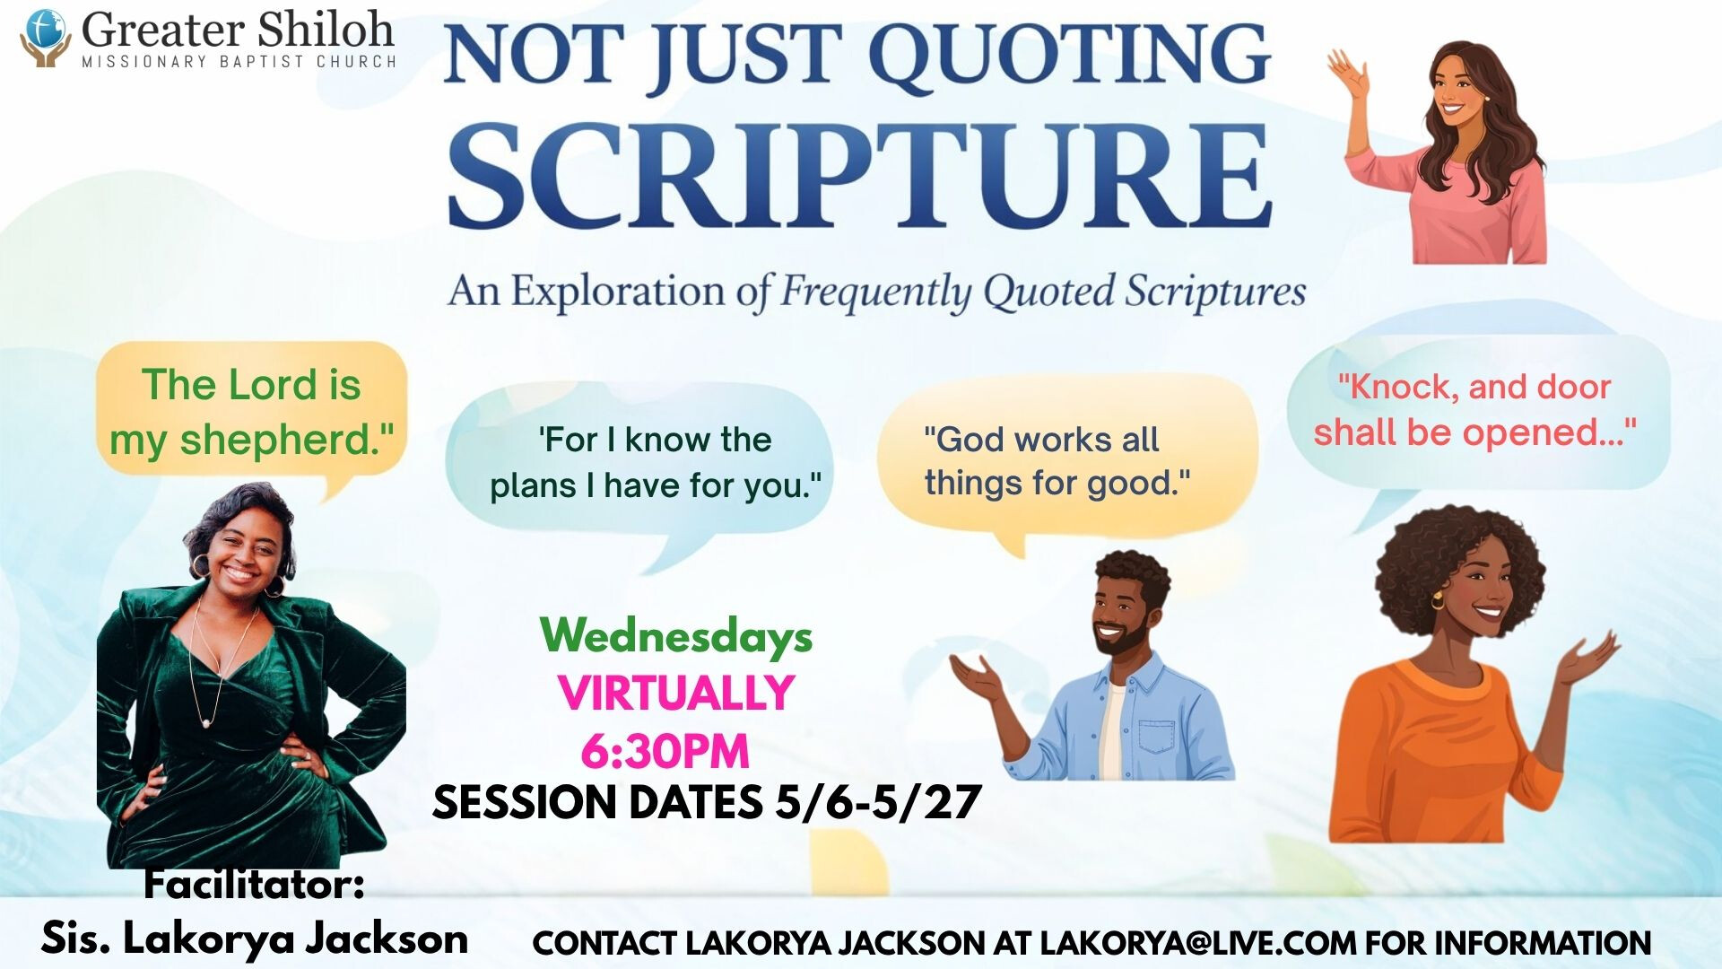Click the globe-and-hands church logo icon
[46, 38]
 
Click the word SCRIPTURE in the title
[859, 176]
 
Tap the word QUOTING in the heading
[1069, 55]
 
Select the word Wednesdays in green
[676, 636]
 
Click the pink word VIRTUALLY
[676, 693]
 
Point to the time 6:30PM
[665, 751]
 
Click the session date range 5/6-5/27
[878, 802]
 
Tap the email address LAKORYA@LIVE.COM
[1197, 943]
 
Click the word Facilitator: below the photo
[255, 885]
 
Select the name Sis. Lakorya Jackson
[255, 938]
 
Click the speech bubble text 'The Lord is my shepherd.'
[251, 412]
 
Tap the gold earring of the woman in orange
[1439, 598]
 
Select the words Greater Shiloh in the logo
[238, 30]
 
